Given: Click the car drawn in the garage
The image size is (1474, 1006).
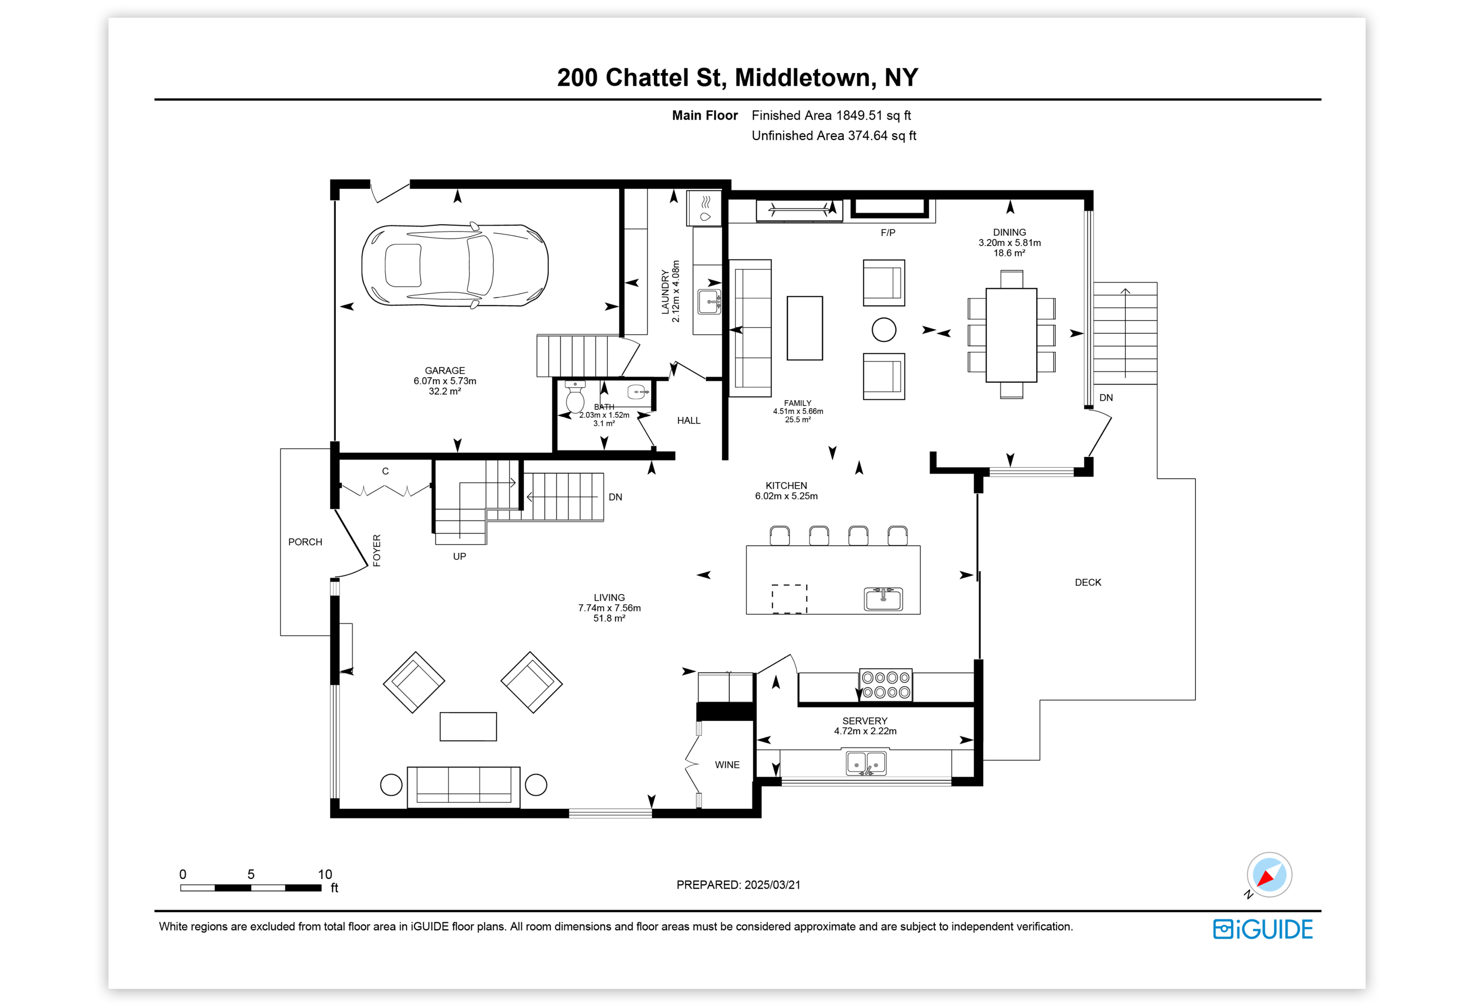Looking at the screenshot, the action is click(x=455, y=265).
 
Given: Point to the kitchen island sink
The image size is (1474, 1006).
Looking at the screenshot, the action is click(x=883, y=598).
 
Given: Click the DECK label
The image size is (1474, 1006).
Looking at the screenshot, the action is click(x=1088, y=582).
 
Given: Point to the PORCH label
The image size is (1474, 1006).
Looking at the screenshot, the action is click(x=305, y=542).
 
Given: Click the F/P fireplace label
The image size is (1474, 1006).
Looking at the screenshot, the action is click(x=888, y=233).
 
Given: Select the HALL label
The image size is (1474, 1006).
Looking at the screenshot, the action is click(x=689, y=421).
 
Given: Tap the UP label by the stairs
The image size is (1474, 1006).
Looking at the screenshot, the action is click(x=459, y=556).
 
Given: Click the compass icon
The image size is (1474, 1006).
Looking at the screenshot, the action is click(x=1269, y=875).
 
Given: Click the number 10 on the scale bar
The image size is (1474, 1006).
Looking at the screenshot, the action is click(x=325, y=874).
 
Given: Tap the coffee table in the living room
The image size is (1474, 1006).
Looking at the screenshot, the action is click(x=468, y=727).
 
